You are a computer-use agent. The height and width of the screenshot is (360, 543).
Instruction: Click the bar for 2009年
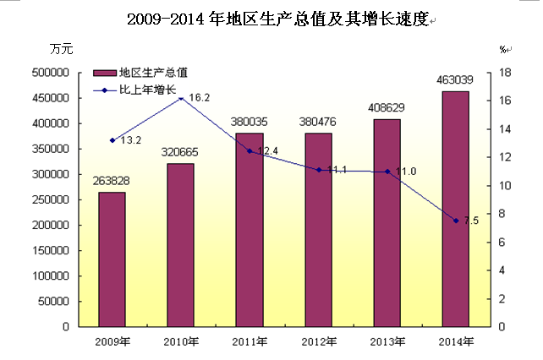click(112, 259)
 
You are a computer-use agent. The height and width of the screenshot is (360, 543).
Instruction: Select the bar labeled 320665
click(180, 244)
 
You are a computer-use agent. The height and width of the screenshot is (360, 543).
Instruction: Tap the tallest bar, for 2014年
click(455, 208)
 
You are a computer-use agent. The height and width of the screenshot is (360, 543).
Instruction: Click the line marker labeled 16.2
click(181, 98)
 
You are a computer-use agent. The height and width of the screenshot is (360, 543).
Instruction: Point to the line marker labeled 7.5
click(456, 221)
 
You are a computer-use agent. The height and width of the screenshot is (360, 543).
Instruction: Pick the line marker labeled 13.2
click(112, 140)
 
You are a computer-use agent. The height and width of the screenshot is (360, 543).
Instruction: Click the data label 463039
click(454, 80)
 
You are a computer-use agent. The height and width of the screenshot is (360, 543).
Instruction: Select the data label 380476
click(318, 122)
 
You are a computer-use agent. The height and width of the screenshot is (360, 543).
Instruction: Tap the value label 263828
click(112, 181)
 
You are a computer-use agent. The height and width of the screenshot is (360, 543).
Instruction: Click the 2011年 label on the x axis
click(250, 341)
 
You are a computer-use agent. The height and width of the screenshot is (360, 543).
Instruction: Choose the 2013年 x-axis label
click(387, 341)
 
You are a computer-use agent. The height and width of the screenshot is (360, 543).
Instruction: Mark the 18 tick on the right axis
click(505, 73)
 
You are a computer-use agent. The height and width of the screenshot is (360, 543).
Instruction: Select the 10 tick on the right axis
click(505, 186)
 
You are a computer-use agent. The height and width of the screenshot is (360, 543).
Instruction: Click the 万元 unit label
click(62, 49)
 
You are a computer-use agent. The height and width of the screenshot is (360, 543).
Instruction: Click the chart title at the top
click(271, 18)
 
